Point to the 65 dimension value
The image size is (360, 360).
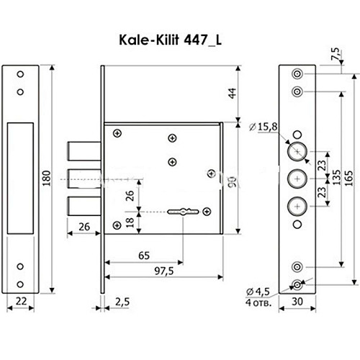click(144, 254)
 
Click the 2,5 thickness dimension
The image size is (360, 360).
click(122, 302)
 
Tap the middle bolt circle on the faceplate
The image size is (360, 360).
click(296, 178)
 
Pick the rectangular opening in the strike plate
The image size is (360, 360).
click(19, 178)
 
